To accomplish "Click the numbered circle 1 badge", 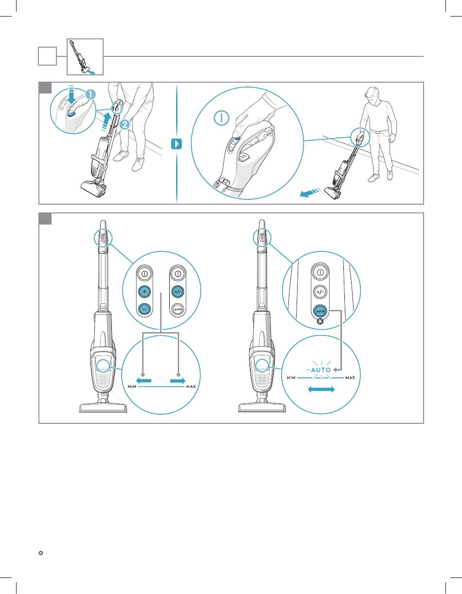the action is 90,95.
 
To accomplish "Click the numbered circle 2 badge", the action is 124,125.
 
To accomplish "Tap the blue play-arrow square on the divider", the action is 177,144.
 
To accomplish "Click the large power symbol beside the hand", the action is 221,118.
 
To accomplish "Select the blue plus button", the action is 144,291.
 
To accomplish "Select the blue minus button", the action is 144,309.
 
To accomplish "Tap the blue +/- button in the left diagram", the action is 178,292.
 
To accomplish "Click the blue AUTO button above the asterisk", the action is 320,311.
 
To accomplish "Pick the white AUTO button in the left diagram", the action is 178,309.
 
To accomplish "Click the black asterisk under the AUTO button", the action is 320,321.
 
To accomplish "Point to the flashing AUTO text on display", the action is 321,370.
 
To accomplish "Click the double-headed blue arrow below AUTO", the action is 321,389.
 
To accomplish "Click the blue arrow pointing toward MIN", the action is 143,381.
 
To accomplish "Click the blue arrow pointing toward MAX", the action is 178,381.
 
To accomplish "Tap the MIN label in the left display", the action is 132,386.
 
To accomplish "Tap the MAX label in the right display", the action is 350,378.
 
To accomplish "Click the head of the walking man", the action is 373,95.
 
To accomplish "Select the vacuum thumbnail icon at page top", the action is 85,56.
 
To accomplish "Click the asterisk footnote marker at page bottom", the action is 41,553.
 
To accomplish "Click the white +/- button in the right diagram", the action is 320,292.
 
